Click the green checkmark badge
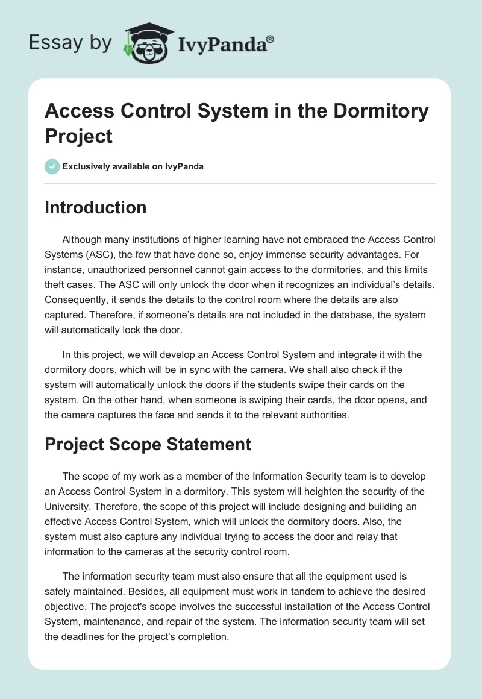coord(52,166)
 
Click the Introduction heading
coord(96,207)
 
